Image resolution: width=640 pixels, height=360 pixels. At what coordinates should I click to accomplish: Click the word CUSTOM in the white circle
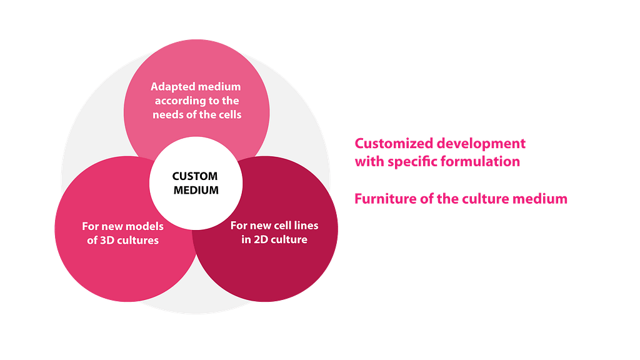tap(196, 176)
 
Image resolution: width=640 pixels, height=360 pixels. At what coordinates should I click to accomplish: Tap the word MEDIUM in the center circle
tap(196, 190)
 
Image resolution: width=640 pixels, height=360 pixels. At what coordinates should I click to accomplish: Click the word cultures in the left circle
tap(137, 239)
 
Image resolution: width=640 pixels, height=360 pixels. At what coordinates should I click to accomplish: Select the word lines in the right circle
tap(306, 225)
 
